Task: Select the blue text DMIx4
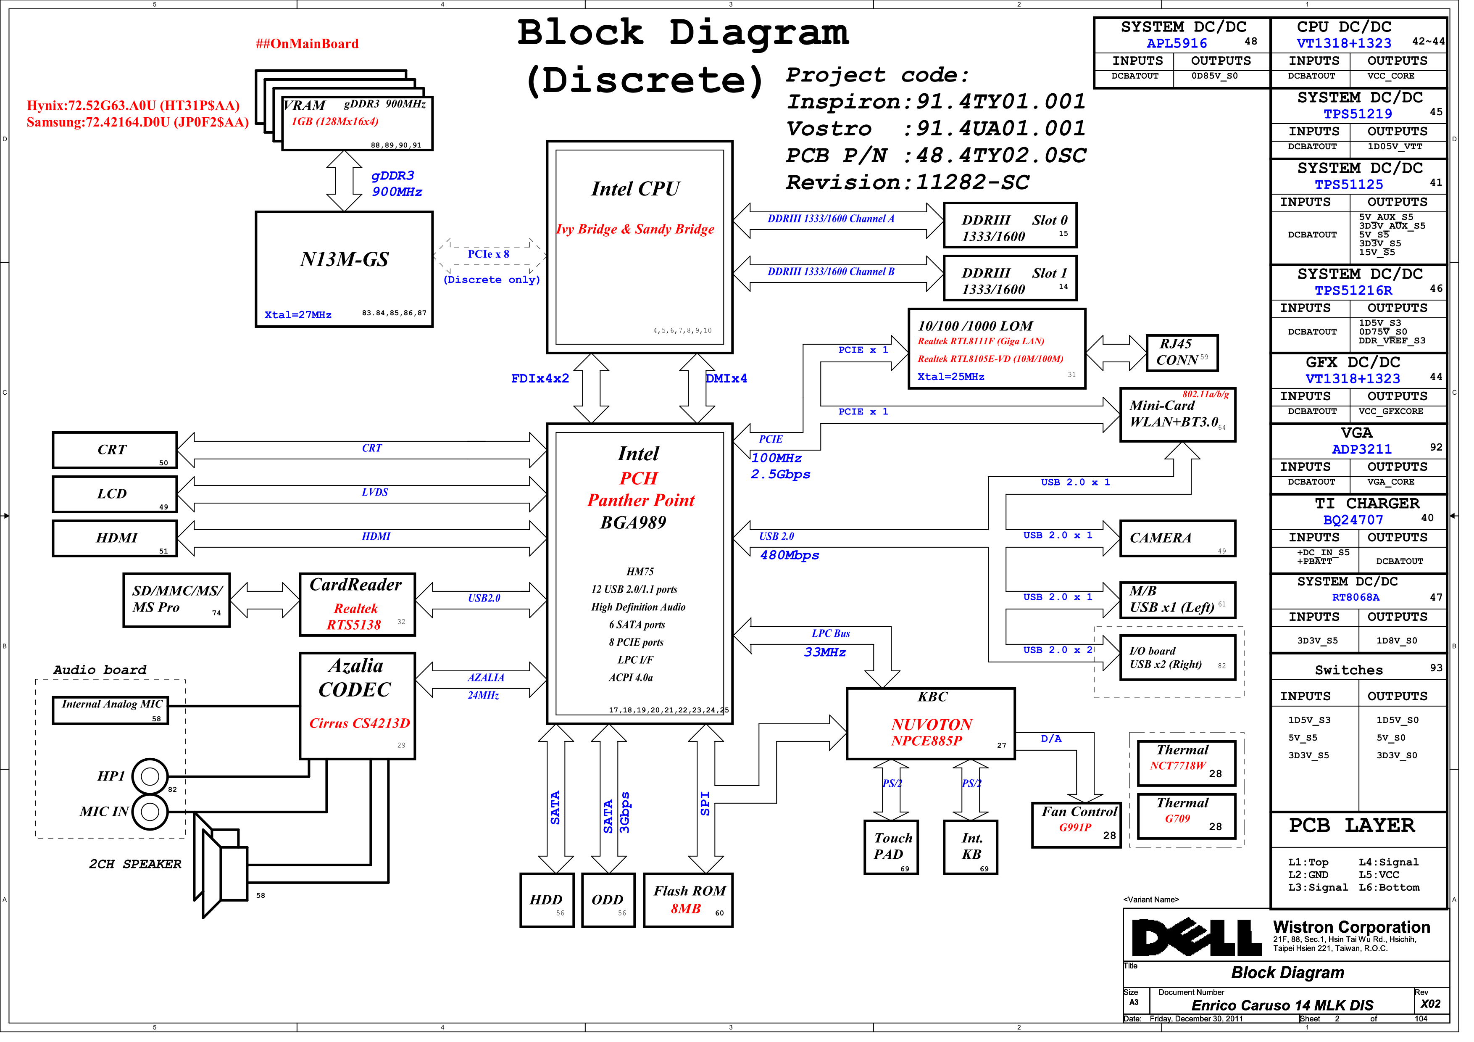point(734,383)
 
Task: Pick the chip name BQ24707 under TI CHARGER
point(1366,525)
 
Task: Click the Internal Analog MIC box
point(112,717)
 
